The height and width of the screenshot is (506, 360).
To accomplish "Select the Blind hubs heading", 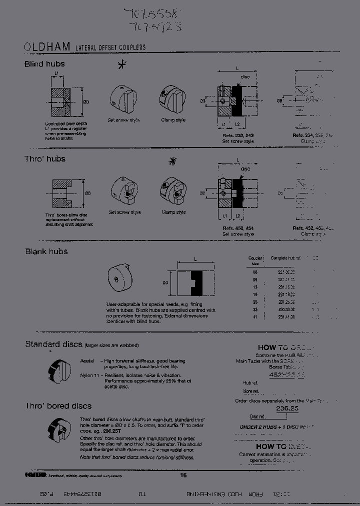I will click(x=44, y=64).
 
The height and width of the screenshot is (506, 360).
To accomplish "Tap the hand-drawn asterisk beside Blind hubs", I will click(x=120, y=65).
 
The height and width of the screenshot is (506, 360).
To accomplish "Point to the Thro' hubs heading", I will click(x=45, y=159).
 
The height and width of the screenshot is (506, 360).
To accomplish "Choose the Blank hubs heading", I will click(x=46, y=251).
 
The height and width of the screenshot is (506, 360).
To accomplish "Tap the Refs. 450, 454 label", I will click(x=238, y=228).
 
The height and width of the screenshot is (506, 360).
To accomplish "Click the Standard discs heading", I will click(x=53, y=344).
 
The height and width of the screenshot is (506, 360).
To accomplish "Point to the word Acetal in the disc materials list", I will click(x=87, y=360).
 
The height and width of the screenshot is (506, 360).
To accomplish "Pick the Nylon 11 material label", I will click(x=90, y=375).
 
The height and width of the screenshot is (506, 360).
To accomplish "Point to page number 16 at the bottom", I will click(x=183, y=475).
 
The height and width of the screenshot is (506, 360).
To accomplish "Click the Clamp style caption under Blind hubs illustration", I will click(x=173, y=120).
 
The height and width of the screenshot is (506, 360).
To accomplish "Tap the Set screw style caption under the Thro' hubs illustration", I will click(x=124, y=212).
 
